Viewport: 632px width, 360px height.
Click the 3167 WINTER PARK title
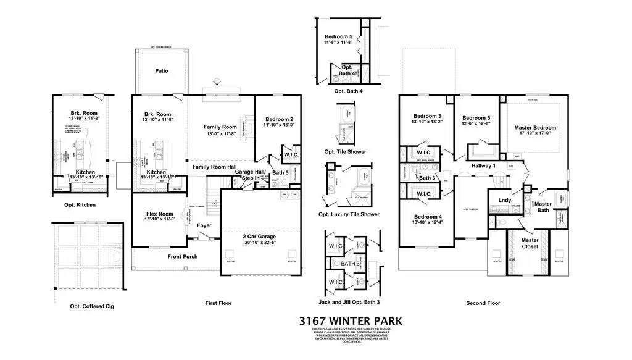click(x=349, y=321)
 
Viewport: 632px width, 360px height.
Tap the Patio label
click(x=162, y=71)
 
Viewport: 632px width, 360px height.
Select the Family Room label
click(x=220, y=127)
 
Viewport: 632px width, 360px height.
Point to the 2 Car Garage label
click(x=259, y=237)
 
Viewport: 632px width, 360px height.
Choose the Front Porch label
click(x=182, y=256)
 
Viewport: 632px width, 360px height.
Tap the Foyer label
click(x=204, y=225)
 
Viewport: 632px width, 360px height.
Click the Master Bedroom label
click(x=535, y=128)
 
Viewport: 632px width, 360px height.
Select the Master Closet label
click(x=530, y=243)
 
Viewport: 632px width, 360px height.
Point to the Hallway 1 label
click(x=484, y=165)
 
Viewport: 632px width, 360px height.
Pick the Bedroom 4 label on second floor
click(x=428, y=217)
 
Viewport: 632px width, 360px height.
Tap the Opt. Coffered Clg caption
click(x=92, y=306)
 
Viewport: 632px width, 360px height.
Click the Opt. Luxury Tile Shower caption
click(x=349, y=214)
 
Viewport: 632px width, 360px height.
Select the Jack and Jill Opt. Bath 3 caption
click(x=348, y=303)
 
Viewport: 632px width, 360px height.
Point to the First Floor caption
click(x=218, y=303)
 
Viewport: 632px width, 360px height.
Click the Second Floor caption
click(x=483, y=303)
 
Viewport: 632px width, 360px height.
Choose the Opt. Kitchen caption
click(x=80, y=204)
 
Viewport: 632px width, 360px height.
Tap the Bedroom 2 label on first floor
click(x=279, y=119)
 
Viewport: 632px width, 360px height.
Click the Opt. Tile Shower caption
click(x=349, y=151)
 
